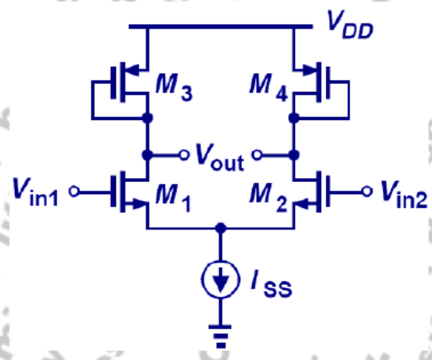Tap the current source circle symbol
click(x=219, y=279)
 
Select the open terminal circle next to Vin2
click(x=367, y=192)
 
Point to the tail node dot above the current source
click(x=219, y=228)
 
